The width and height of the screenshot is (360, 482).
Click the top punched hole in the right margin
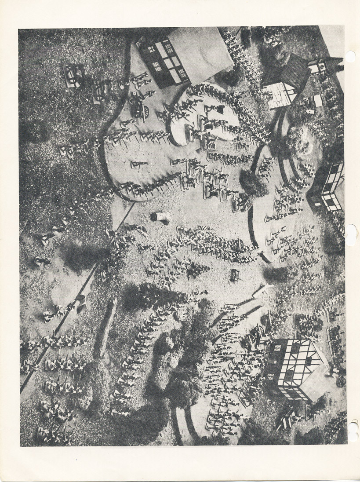point(350,56)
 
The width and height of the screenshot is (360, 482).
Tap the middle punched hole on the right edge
point(351,234)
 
